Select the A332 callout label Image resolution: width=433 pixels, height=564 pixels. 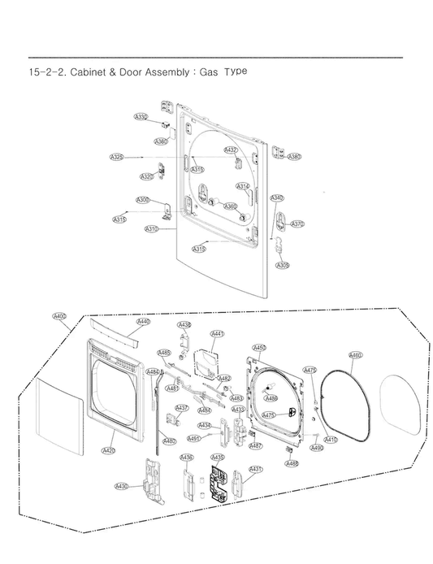click(141, 118)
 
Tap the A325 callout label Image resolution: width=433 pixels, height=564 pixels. click(116, 156)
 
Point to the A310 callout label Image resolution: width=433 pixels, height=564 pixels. click(151, 229)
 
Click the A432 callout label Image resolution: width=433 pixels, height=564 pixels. click(231, 150)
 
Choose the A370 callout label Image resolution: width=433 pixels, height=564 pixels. click(297, 223)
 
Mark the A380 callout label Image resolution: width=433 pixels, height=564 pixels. click(294, 157)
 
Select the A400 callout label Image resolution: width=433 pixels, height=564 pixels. click(59, 316)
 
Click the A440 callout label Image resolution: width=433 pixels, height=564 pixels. click(143, 322)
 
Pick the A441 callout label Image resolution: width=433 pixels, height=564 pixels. click(218, 333)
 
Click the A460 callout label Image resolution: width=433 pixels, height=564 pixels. click(356, 354)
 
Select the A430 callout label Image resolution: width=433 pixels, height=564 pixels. click(122, 486)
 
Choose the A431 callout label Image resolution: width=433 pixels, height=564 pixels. click(255, 470)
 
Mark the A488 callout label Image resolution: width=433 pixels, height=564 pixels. click(292, 463)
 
